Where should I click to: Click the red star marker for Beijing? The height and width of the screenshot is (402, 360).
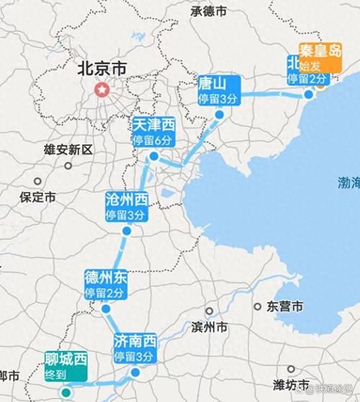click(x=102, y=91)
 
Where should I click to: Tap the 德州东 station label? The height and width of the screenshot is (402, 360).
click(x=106, y=285)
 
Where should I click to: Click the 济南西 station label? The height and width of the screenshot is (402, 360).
click(x=135, y=348)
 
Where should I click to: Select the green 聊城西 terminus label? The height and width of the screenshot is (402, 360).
click(x=65, y=366)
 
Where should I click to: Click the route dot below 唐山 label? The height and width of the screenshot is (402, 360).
click(x=219, y=114)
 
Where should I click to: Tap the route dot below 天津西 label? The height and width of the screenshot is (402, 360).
click(x=153, y=156)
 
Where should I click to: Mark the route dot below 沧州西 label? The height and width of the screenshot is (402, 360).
click(x=126, y=232)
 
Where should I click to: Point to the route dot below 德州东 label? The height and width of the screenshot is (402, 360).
click(x=106, y=309)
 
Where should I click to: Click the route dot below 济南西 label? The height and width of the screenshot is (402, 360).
click(x=135, y=372)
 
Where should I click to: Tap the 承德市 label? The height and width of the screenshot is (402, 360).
click(x=209, y=12)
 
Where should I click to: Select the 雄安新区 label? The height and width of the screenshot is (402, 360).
click(x=68, y=150)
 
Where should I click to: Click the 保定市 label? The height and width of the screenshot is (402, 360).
click(x=38, y=196)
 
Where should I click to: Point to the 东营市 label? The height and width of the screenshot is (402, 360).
click(x=284, y=306)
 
